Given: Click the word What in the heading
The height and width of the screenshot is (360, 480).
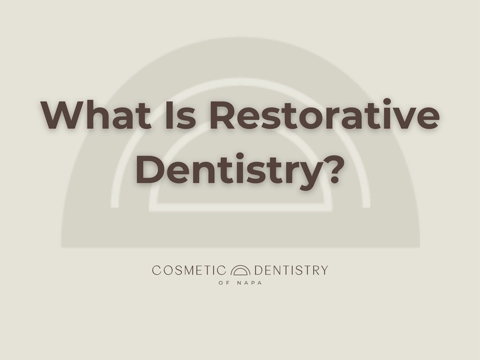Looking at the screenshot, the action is click(x=96, y=115).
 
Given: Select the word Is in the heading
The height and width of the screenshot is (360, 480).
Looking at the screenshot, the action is click(x=181, y=115).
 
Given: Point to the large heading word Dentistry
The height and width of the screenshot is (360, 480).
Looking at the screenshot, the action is click(x=232, y=169).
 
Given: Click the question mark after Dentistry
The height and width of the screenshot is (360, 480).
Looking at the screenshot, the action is click(x=334, y=169).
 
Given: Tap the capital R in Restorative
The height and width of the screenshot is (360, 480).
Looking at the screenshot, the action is click(x=223, y=115).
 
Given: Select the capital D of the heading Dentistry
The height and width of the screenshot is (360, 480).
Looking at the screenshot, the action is click(x=151, y=169).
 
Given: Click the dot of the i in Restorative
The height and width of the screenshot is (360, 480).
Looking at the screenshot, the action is click(x=387, y=101).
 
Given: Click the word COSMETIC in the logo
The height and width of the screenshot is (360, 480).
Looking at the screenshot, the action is click(x=189, y=271).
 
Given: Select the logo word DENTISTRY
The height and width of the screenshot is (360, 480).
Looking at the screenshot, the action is click(x=291, y=271).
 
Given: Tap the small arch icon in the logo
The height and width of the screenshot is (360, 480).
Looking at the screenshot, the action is click(x=241, y=271).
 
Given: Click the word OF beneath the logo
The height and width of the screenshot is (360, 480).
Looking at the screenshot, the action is click(x=224, y=283).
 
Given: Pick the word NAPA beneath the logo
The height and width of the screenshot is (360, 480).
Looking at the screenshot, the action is click(x=250, y=283).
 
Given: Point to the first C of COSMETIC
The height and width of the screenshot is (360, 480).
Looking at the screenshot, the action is click(x=157, y=271).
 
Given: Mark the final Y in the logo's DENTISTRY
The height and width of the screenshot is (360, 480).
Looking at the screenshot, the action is click(x=324, y=271).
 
